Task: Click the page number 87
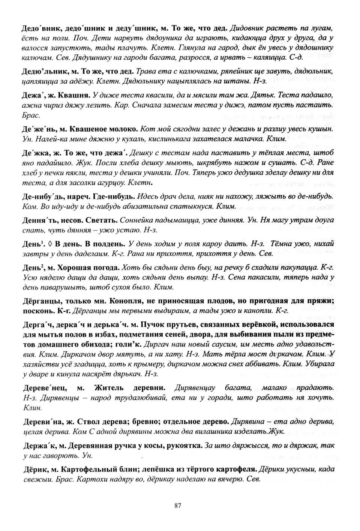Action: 178,505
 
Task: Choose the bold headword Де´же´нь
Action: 38,129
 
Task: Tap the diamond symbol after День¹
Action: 50,244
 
